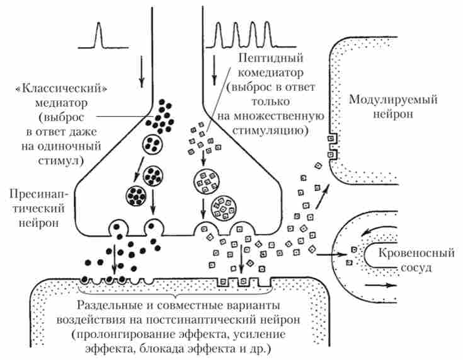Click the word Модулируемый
[x=394, y=100]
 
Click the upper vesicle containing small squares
[x=206, y=180]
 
